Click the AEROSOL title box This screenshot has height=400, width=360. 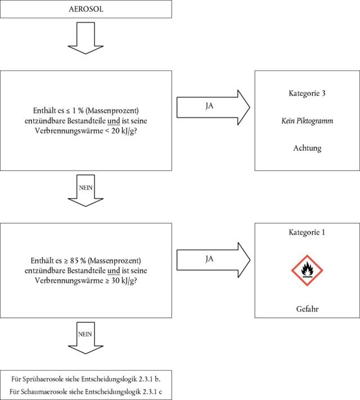pyautogui.click(x=85, y=9)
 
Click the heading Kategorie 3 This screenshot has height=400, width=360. pyautogui.click(x=306, y=93)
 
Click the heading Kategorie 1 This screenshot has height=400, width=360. pyautogui.click(x=306, y=232)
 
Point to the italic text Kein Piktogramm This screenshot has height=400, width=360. pyautogui.click(x=306, y=120)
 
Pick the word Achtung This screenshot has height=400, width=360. pyautogui.click(x=306, y=148)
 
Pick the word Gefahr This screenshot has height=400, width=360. pyautogui.click(x=306, y=310)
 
